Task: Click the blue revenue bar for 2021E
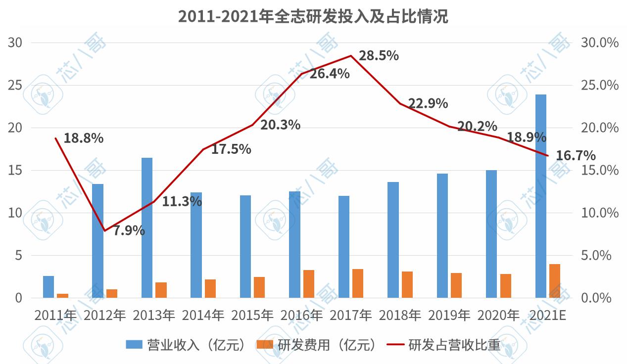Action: coord(541,196)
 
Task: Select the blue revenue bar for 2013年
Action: coord(147,227)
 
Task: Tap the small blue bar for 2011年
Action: coord(48,287)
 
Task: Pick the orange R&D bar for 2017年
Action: coord(357,283)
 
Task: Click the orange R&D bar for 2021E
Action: coord(555,281)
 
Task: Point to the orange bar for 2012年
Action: coord(112,293)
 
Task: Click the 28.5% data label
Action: coord(379,55)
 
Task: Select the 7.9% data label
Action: coord(129,230)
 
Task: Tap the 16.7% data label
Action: coord(576,156)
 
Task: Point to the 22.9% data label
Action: coord(428,103)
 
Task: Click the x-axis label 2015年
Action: coord(252,315)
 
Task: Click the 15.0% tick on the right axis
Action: coord(599,170)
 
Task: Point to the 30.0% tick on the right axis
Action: coord(599,43)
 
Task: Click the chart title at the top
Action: coord(313,17)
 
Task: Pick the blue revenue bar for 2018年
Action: coord(393,240)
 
